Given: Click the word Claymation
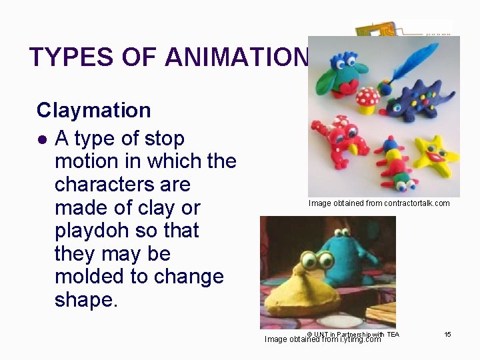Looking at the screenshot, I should pos(93,110).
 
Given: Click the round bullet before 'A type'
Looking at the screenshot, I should pos(43,139).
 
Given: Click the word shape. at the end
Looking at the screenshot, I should pos(86,300).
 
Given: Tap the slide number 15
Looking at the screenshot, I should pos(448,334).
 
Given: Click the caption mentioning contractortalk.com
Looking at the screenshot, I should pos(379,203).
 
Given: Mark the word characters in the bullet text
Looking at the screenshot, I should pos(123,185).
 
